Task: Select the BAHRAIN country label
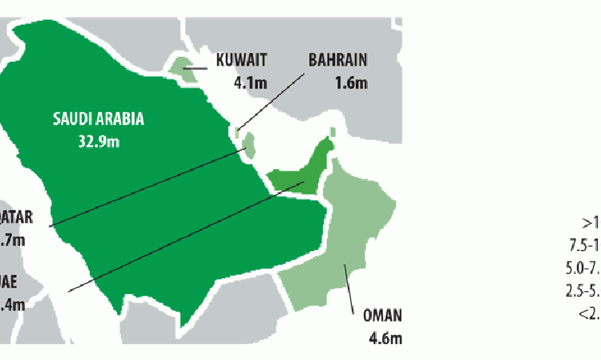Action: coord(339,59)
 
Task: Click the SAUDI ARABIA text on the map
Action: coord(99,120)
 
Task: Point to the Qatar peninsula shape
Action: coord(249,145)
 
